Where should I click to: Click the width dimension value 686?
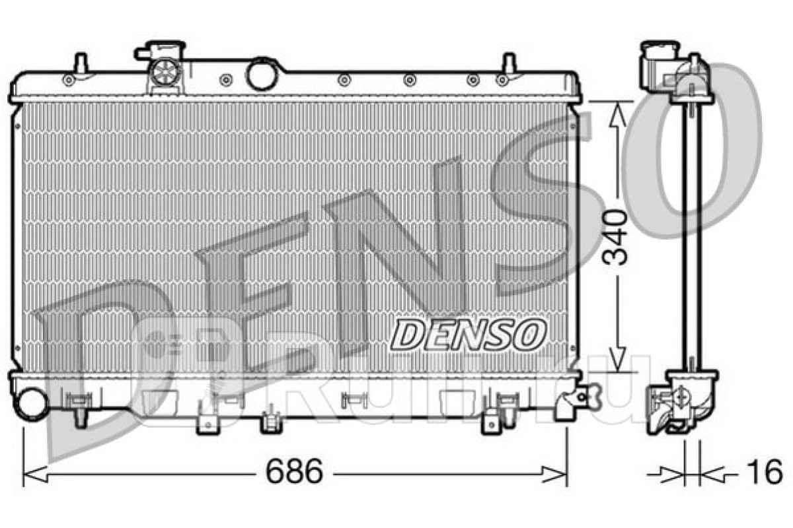tap(295, 471)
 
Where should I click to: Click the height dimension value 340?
tap(614, 238)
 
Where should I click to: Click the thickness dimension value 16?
tap(765, 471)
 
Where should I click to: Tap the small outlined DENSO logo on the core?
tap(468, 334)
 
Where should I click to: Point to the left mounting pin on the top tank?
tap(81, 65)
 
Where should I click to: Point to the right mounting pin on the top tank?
tap(509, 65)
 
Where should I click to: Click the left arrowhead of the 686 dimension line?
tap(35, 475)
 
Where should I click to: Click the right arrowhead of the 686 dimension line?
tap(554, 475)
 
